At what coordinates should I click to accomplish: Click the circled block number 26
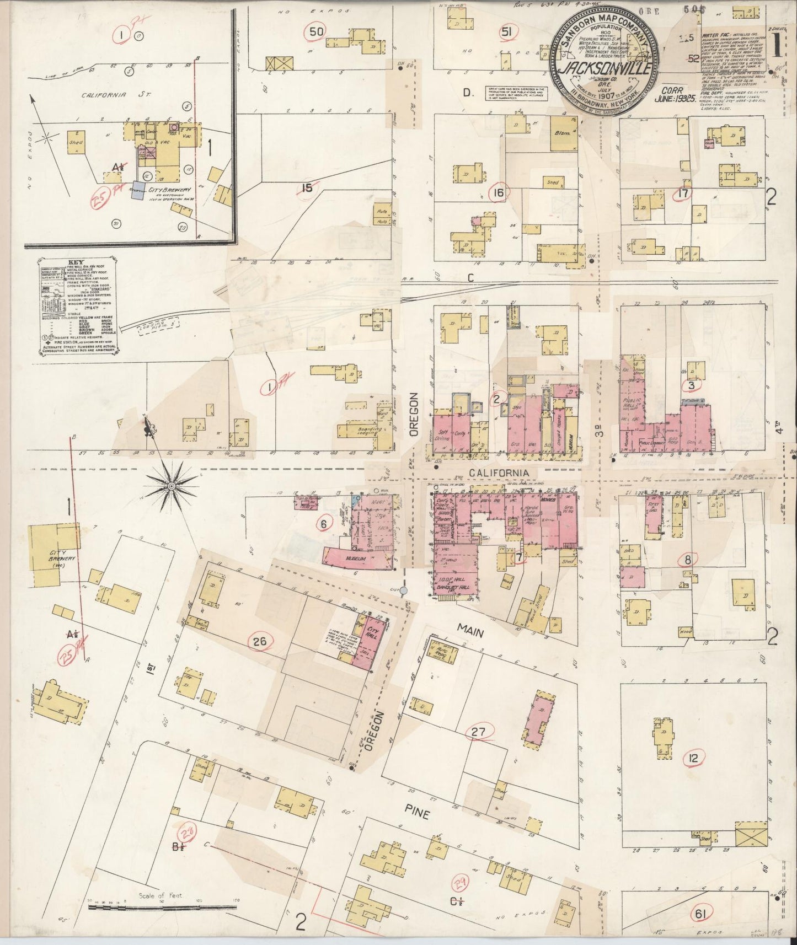pyautogui.click(x=261, y=641)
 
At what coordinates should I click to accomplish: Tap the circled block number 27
pyautogui.click(x=479, y=732)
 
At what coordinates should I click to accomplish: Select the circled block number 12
pyautogui.click(x=693, y=758)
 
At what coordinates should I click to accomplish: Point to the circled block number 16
pyautogui.click(x=499, y=192)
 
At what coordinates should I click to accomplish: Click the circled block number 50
pyautogui.click(x=317, y=31)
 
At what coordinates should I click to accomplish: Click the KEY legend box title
pyautogui.click(x=76, y=263)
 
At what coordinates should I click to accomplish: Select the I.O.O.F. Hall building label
pyautogui.click(x=454, y=580)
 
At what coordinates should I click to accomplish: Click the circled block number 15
pyautogui.click(x=307, y=188)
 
